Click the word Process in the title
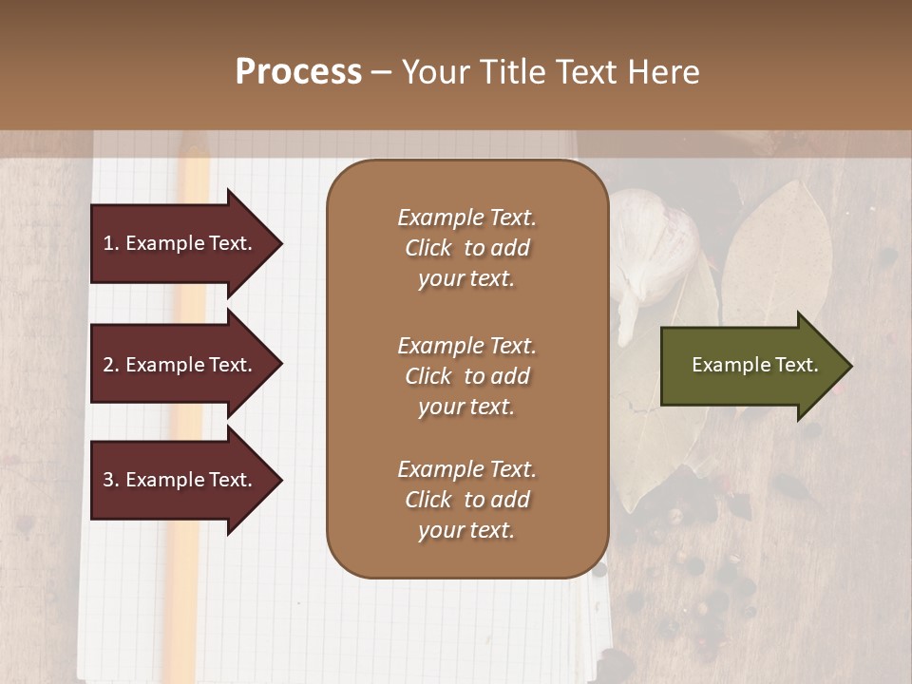coord(298,72)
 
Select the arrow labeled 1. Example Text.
coord(180,243)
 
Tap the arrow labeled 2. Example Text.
coord(180,365)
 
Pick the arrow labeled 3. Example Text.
coord(180,480)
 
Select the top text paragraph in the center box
coord(466,248)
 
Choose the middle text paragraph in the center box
coord(466,376)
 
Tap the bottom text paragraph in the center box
coord(466,500)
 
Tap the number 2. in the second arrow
coord(111,365)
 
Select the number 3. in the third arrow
coord(111,480)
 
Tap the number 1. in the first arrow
coord(111,243)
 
